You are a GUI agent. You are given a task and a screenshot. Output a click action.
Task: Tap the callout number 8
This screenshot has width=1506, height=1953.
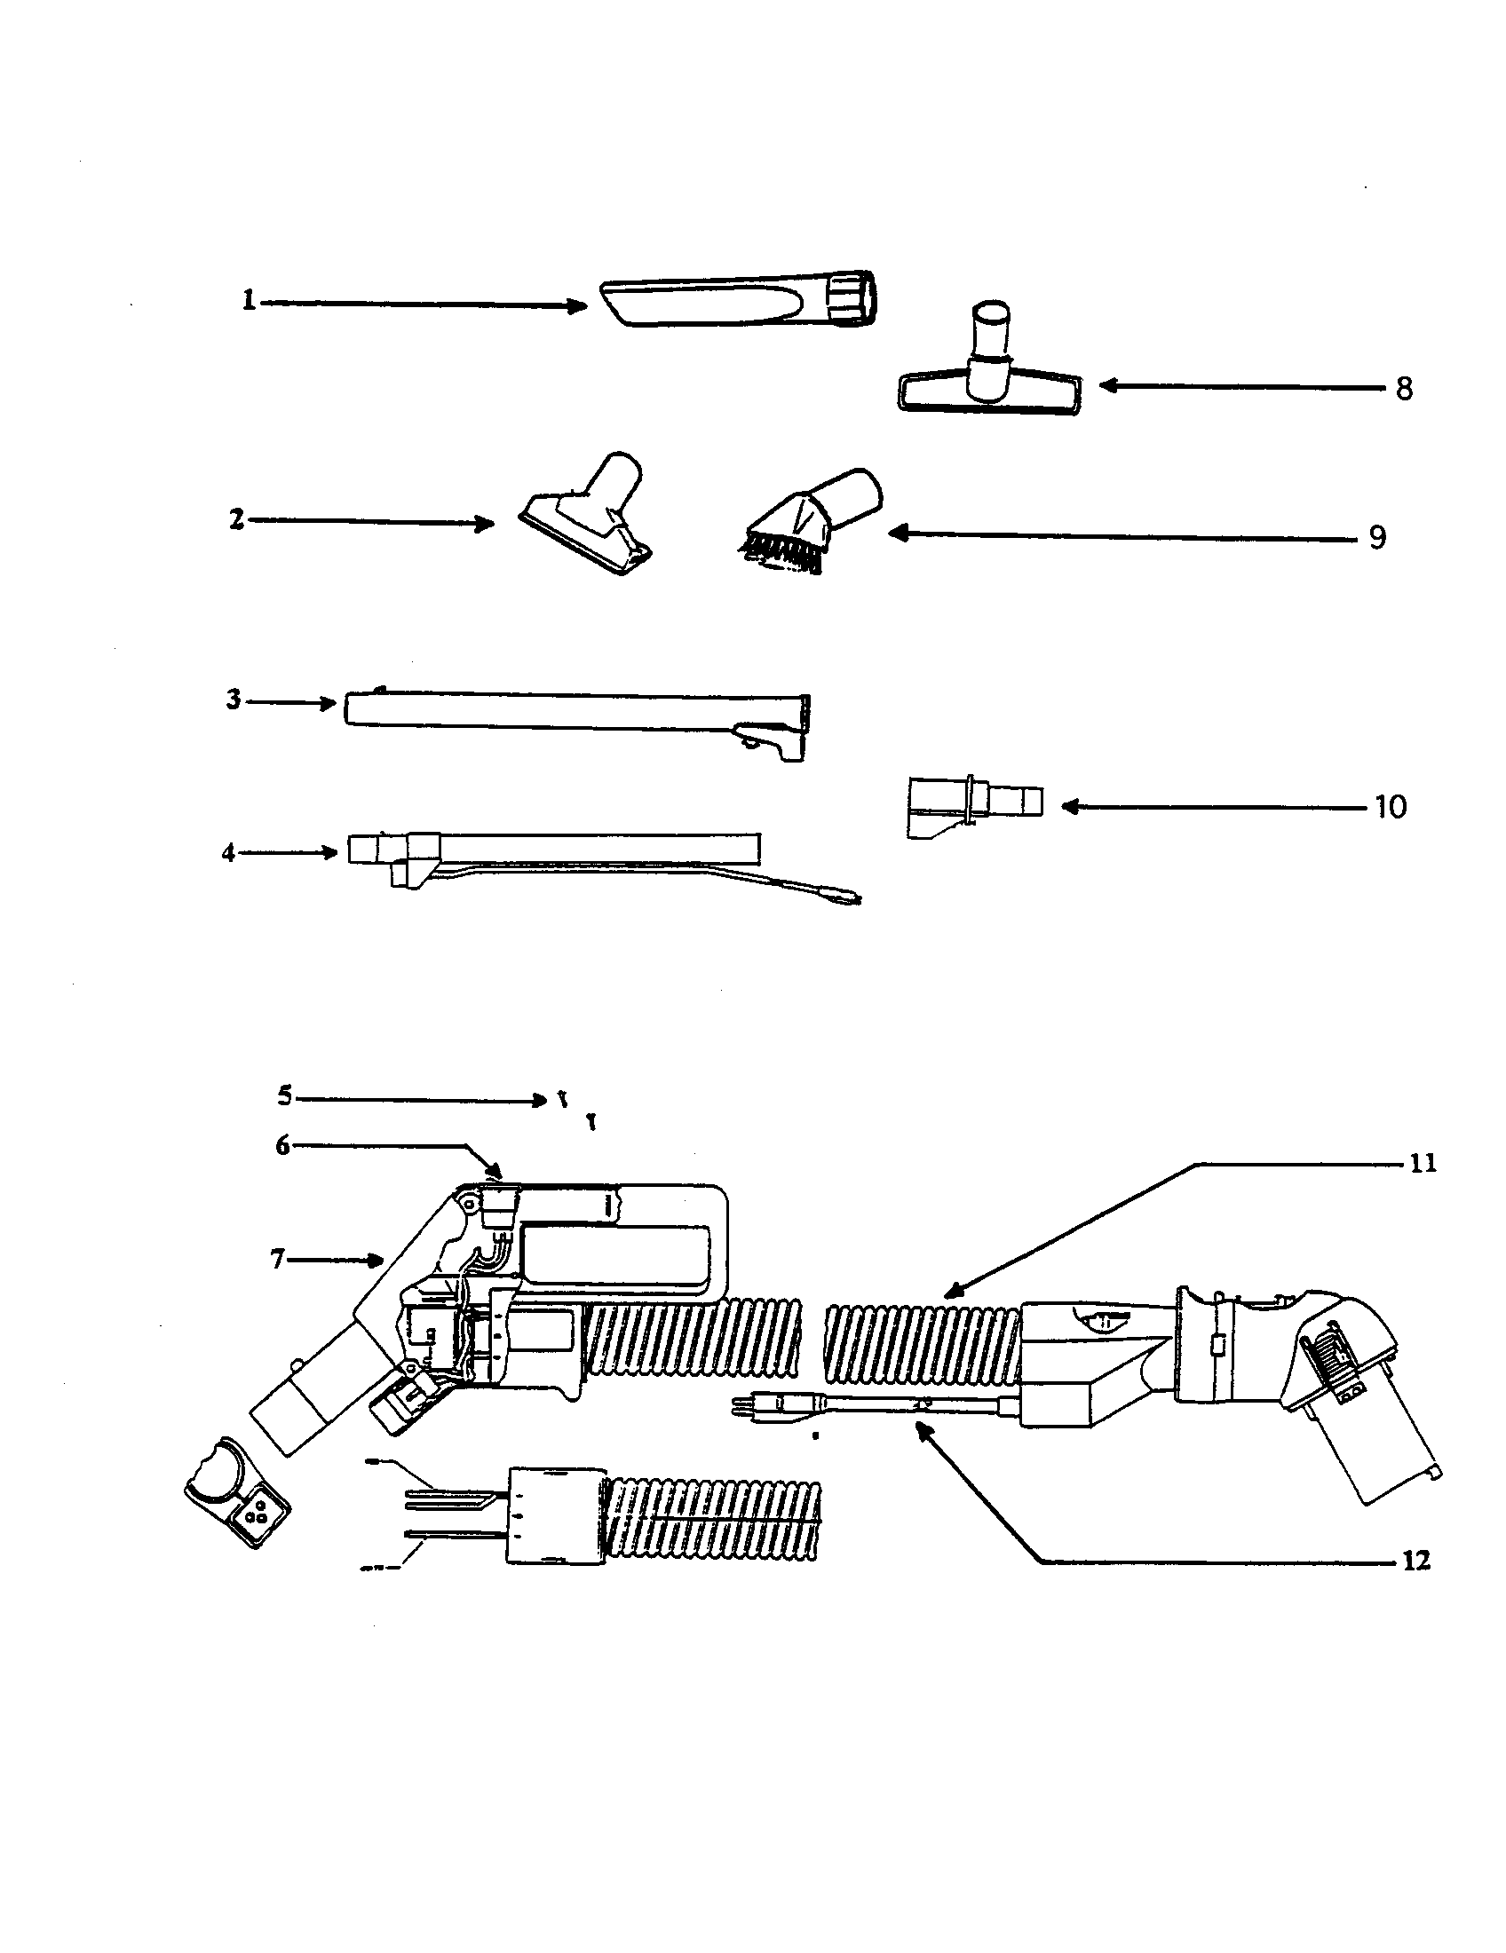1404,389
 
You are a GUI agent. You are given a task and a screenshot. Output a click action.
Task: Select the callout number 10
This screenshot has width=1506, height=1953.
1391,808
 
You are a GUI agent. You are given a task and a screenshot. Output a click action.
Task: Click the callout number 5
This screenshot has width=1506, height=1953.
284,1095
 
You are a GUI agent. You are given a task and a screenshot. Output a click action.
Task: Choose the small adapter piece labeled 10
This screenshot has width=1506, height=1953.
975,805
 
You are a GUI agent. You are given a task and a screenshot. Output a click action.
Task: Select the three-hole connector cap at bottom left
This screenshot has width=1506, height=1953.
238,1496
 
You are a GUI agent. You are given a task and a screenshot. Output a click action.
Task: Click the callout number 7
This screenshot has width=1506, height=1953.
277,1259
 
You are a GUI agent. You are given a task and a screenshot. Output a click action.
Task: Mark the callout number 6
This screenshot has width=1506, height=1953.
282,1145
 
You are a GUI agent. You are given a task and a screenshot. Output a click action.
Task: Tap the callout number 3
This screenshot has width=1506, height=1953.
234,700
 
